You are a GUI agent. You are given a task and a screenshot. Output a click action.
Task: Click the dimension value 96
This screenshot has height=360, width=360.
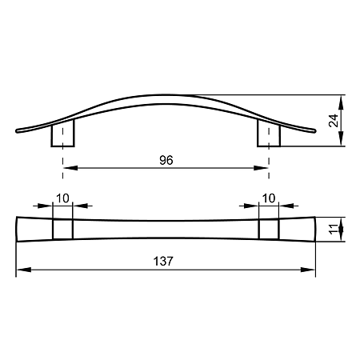click(x=166, y=160)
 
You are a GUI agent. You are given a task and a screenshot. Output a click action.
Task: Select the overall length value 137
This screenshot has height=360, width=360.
click(x=163, y=262)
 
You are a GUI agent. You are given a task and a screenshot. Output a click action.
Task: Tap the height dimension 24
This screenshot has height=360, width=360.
click(x=334, y=121)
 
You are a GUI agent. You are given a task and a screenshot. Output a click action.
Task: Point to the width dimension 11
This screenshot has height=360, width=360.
click(x=334, y=230)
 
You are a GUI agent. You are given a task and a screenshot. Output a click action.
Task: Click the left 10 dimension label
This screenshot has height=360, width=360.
click(x=62, y=198)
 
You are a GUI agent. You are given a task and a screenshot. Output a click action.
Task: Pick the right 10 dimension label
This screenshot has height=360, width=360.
click(x=269, y=198)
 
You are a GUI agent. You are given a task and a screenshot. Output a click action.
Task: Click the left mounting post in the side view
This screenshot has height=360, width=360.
click(x=62, y=133)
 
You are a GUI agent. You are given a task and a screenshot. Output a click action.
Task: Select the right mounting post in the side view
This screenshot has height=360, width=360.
click(x=269, y=133)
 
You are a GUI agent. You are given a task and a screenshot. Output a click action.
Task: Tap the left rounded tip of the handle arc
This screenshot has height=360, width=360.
click(x=18, y=130)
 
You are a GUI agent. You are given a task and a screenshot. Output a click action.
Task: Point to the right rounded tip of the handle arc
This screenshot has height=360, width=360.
click(x=314, y=130)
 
